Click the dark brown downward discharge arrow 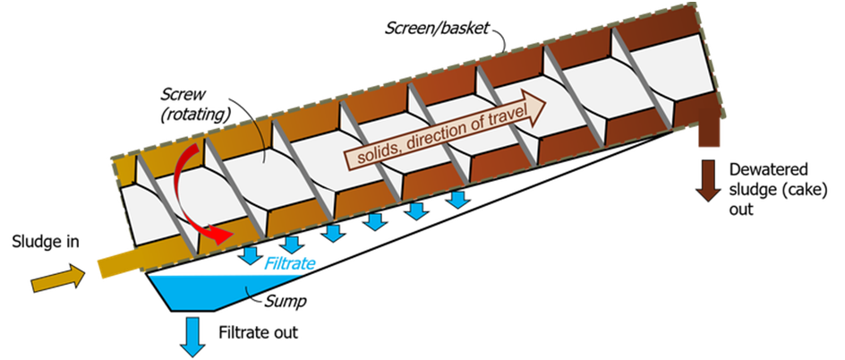[x=710, y=179]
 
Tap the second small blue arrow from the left [x=290, y=244]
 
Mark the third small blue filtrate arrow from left [x=332, y=233]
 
